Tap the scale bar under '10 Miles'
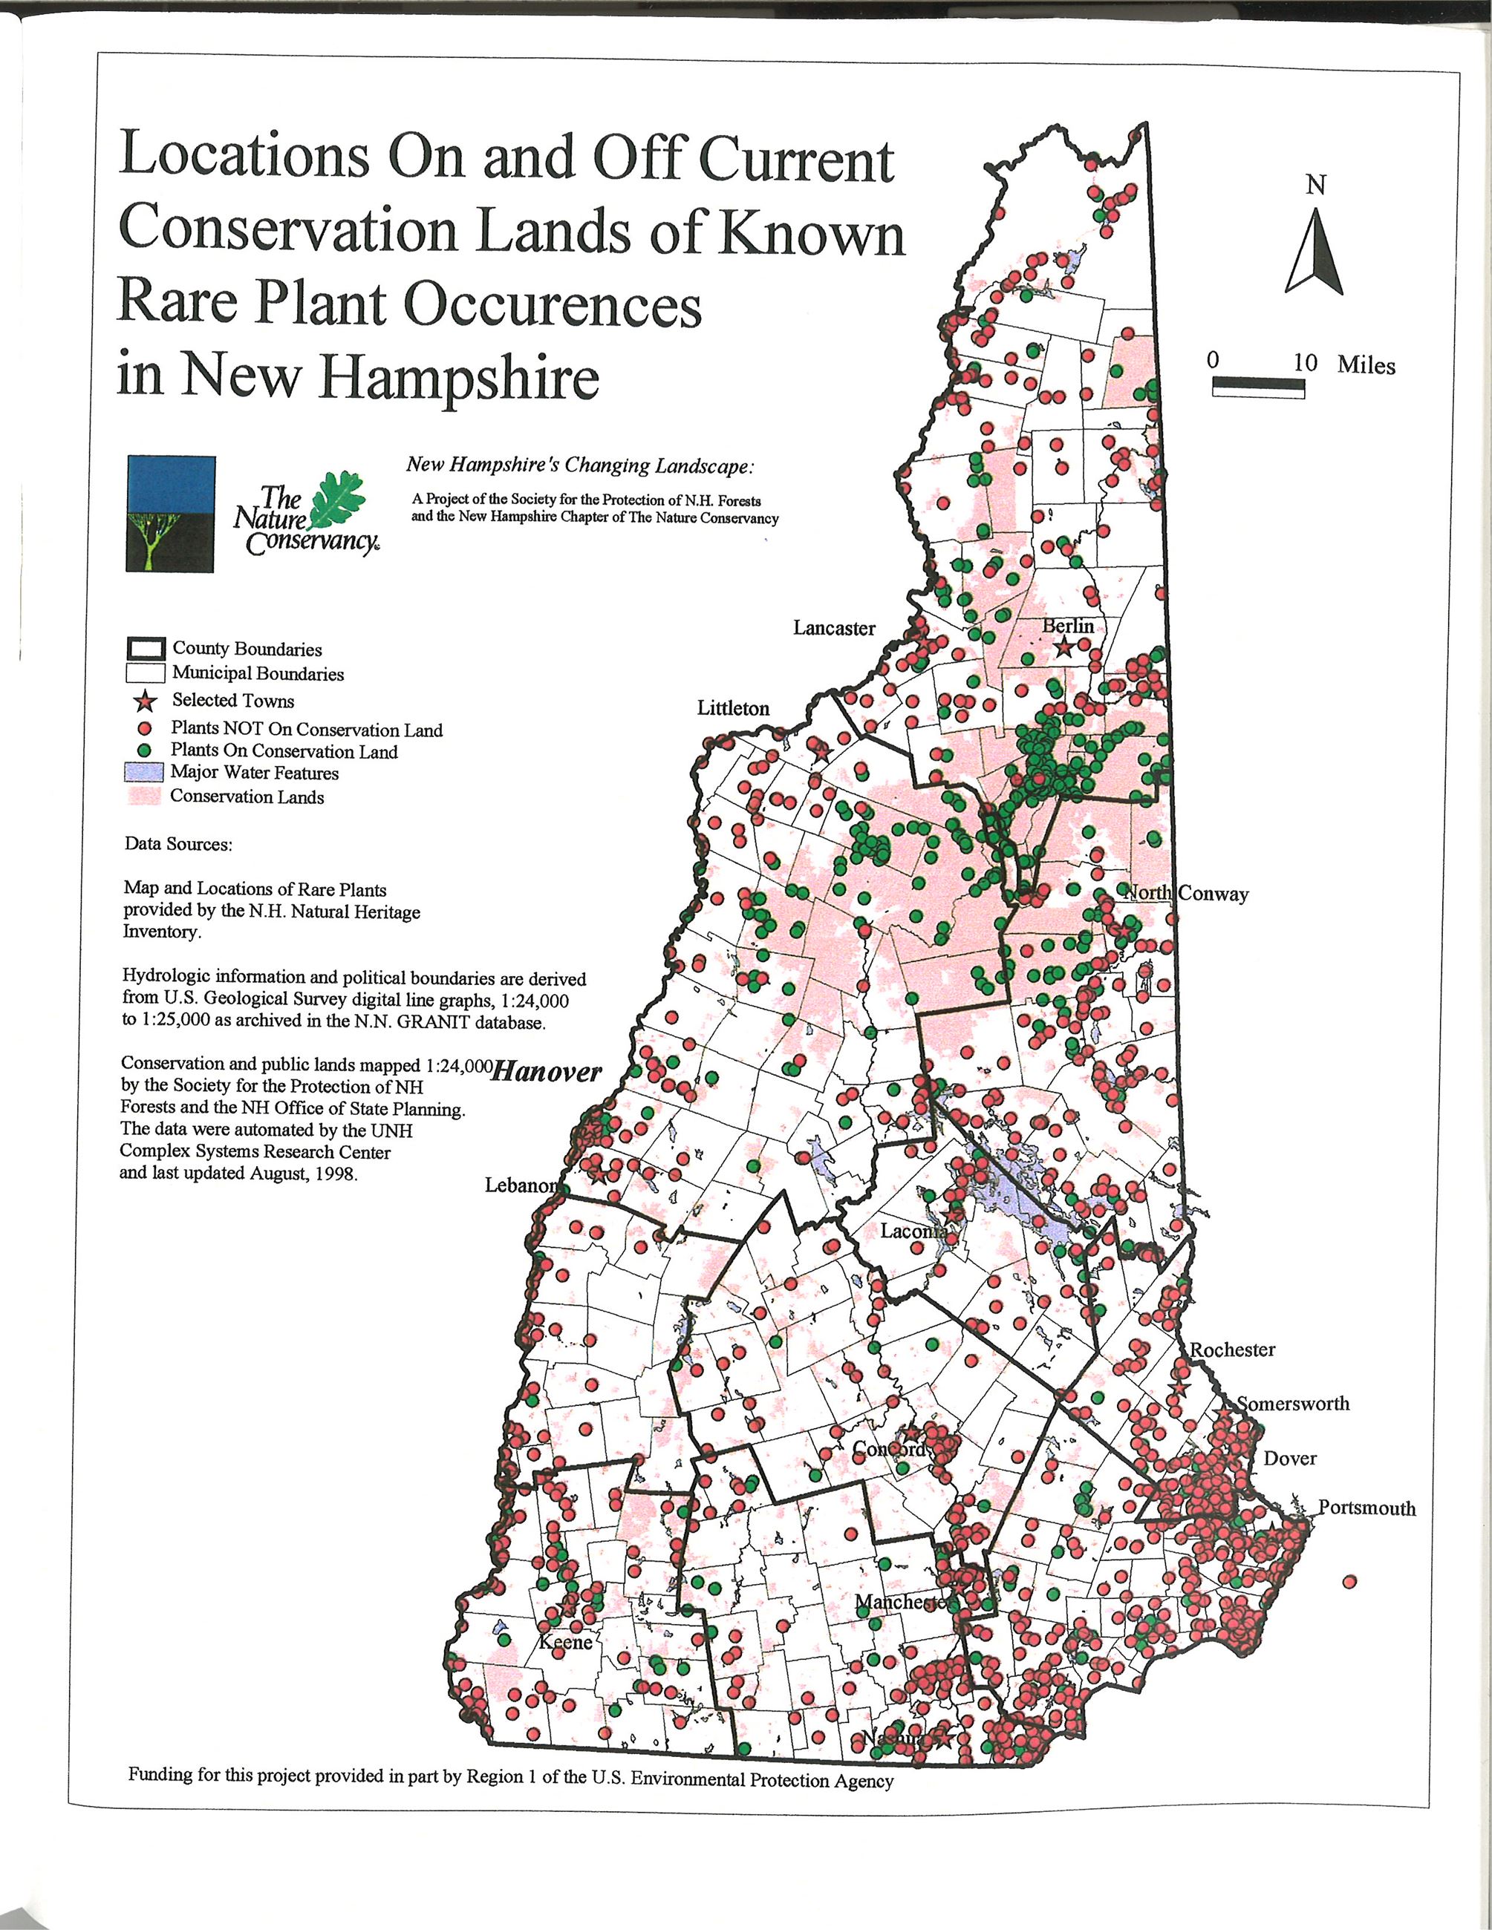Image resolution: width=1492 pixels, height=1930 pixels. [1259, 386]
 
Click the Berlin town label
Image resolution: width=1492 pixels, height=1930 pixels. [1068, 626]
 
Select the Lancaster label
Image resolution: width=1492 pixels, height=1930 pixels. [833, 627]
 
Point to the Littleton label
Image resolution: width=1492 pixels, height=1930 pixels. [733, 708]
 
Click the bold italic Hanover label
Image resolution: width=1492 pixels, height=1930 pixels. [545, 1072]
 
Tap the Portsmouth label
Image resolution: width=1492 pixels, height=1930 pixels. [1366, 1508]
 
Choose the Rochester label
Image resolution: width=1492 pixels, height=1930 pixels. [1232, 1350]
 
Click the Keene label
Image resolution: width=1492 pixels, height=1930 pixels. [566, 1642]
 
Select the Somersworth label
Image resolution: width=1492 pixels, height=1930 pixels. [1292, 1402]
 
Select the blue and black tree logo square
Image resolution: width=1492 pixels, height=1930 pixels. [171, 514]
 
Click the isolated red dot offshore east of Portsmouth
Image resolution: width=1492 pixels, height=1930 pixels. [1349, 1581]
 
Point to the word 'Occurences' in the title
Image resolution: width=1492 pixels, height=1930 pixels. [553, 306]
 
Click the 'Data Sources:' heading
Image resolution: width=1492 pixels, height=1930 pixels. [178, 844]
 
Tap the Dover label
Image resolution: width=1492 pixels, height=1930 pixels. [1289, 1458]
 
